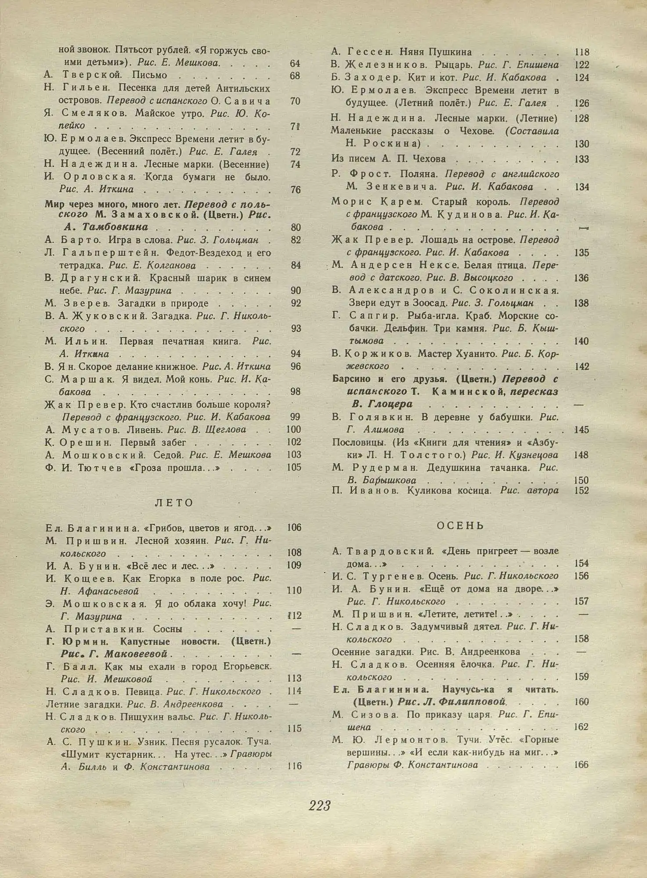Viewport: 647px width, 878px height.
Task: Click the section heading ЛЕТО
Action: (x=174, y=503)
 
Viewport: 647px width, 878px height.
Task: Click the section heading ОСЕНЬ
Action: (x=460, y=525)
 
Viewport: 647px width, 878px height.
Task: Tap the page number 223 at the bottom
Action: (x=319, y=806)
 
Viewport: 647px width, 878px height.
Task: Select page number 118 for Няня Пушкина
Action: (x=581, y=52)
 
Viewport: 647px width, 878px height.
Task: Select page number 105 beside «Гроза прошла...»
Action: (x=294, y=468)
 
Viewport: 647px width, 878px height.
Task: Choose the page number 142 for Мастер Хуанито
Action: (x=581, y=367)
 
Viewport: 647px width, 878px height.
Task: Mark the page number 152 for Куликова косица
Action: (x=581, y=491)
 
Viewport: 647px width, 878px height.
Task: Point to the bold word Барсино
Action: (x=351, y=379)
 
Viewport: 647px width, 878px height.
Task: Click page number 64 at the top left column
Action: (x=295, y=63)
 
